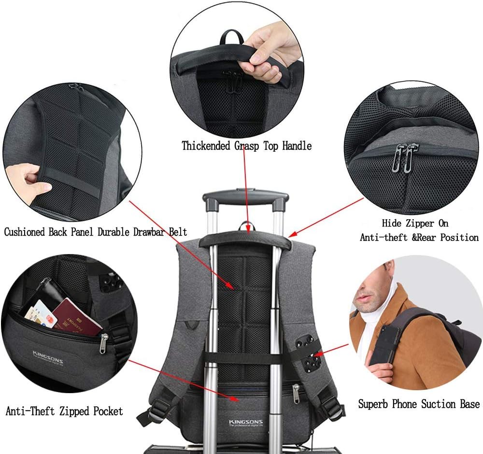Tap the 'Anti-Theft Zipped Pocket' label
point(64,411)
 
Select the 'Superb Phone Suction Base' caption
point(419,404)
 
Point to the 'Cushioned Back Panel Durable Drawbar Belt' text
point(95,231)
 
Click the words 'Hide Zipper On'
point(415,223)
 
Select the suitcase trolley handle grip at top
point(245,198)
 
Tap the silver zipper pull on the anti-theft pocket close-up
point(104,344)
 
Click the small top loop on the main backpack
point(246,225)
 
